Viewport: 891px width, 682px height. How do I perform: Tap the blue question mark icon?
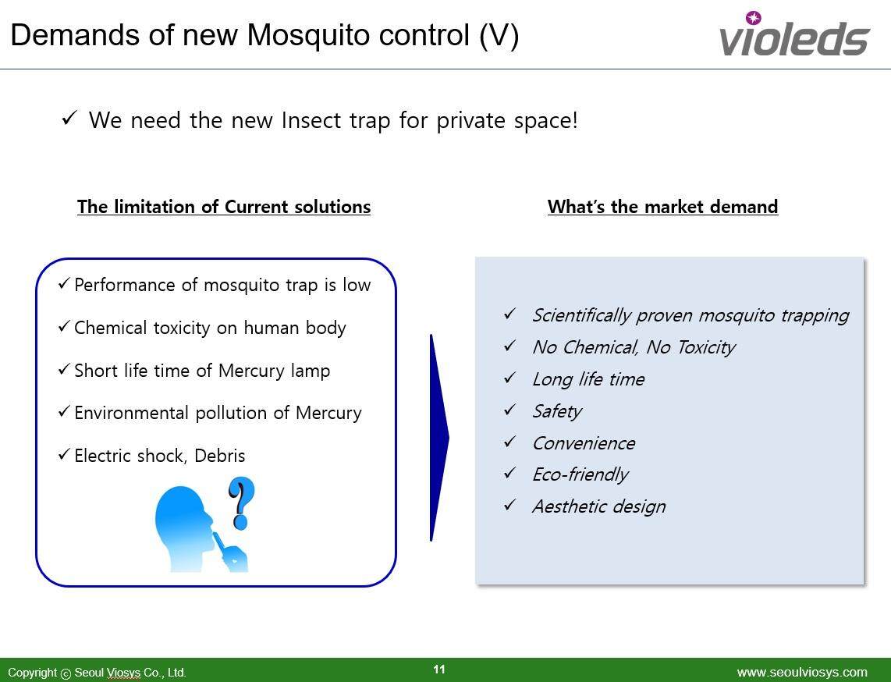(x=241, y=503)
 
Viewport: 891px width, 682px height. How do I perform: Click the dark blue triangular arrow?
(x=439, y=438)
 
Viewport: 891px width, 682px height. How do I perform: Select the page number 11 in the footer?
(x=439, y=669)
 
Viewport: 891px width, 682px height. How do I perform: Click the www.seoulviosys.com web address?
(x=802, y=673)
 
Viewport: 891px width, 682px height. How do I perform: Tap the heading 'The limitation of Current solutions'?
(x=224, y=206)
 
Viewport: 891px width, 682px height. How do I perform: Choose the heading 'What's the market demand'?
(x=662, y=206)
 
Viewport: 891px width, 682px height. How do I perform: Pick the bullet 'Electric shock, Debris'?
(x=160, y=456)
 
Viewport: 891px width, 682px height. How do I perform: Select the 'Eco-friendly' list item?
(x=580, y=474)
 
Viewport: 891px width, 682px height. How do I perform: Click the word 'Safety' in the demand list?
(x=557, y=411)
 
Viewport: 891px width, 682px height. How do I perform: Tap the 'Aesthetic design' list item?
(x=599, y=506)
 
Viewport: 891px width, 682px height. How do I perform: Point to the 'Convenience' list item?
(x=584, y=442)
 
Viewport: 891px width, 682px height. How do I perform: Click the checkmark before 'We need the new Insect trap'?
(x=69, y=118)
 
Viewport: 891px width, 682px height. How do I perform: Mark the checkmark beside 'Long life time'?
(x=509, y=378)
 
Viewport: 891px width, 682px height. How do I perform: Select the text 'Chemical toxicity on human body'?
(x=210, y=328)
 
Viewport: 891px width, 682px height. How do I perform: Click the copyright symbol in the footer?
(x=66, y=673)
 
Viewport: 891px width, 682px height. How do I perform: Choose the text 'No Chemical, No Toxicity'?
(x=634, y=347)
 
